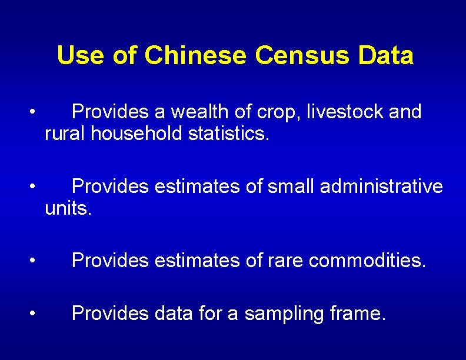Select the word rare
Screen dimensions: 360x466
click(x=281, y=261)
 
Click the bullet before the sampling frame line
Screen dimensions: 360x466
click(x=36, y=314)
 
